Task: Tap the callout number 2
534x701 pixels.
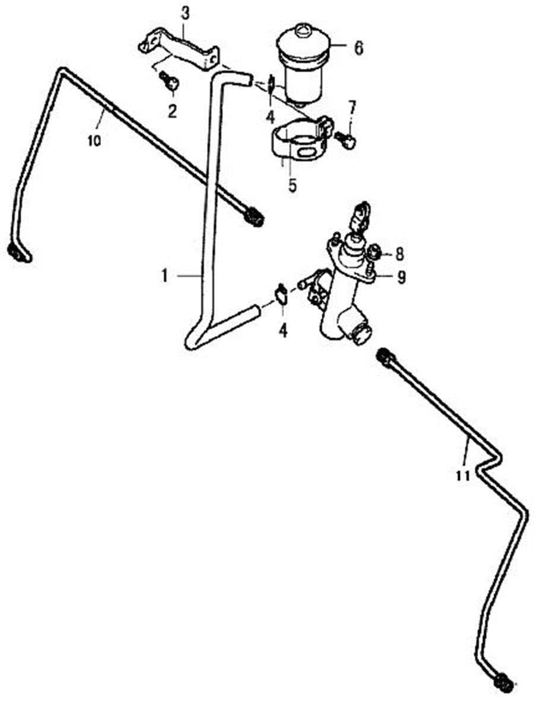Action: pyautogui.click(x=172, y=111)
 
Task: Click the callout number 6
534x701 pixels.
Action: pyautogui.click(x=358, y=47)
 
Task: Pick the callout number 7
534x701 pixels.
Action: pyautogui.click(x=352, y=109)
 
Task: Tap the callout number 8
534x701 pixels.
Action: pyautogui.click(x=399, y=254)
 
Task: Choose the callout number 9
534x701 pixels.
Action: pyautogui.click(x=402, y=277)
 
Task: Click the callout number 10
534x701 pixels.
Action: pyautogui.click(x=94, y=140)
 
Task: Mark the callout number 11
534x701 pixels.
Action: pyautogui.click(x=463, y=474)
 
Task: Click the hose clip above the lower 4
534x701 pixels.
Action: pyautogui.click(x=281, y=295)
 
